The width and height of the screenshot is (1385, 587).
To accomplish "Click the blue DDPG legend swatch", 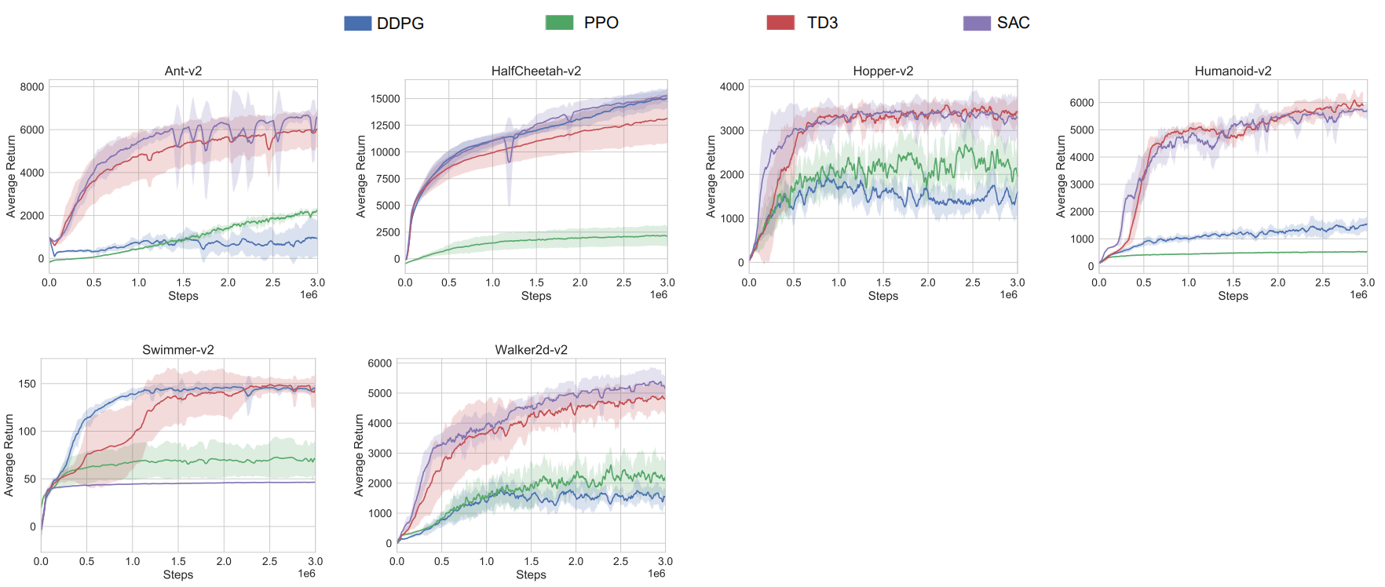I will point(357,23).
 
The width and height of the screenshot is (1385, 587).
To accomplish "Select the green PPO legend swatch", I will point(559,23).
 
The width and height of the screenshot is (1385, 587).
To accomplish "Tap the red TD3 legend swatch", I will point(780,23).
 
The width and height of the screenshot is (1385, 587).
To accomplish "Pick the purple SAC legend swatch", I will point(977,23).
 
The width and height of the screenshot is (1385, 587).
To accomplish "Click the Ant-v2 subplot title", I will point(183,71).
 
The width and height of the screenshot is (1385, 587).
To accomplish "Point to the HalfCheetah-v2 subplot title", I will point(536,71).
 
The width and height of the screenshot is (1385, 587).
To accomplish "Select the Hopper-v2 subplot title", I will point(883,71).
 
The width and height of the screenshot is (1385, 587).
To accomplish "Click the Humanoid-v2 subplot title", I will point(1233,71).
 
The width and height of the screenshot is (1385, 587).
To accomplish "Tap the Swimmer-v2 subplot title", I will point(178,350).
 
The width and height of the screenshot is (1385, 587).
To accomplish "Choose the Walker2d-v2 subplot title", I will point(531,350).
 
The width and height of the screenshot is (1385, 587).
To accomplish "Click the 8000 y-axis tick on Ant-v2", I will point(32,87).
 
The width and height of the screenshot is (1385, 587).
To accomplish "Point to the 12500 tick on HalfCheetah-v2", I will point(385,126).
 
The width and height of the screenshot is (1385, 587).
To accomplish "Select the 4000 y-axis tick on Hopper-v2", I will point(732,87).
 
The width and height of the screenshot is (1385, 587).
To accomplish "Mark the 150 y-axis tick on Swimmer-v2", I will point(27,384).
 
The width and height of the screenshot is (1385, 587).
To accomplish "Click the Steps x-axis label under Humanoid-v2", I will point(1233,296).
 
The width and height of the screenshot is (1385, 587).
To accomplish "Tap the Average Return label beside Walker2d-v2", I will point(359,455).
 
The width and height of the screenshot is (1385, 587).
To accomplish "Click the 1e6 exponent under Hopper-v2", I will point(1008,295).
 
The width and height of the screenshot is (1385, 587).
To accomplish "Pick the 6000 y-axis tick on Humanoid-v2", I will point(1081,103).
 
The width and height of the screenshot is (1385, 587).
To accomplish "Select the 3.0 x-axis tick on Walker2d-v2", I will point(665,561).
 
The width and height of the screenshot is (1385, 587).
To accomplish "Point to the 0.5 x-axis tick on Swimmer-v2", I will point(86,561).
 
